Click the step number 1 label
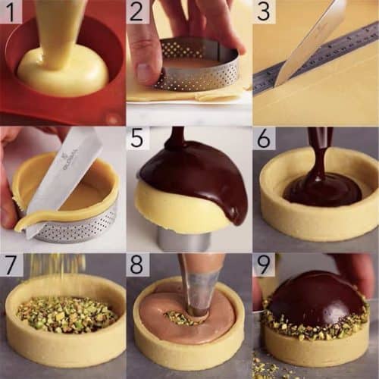11,11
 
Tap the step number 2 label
136,11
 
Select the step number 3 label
263,11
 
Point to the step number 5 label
136,138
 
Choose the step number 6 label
263,138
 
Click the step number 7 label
11,265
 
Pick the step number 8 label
136,265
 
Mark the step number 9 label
263,265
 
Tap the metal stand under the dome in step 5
182,239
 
